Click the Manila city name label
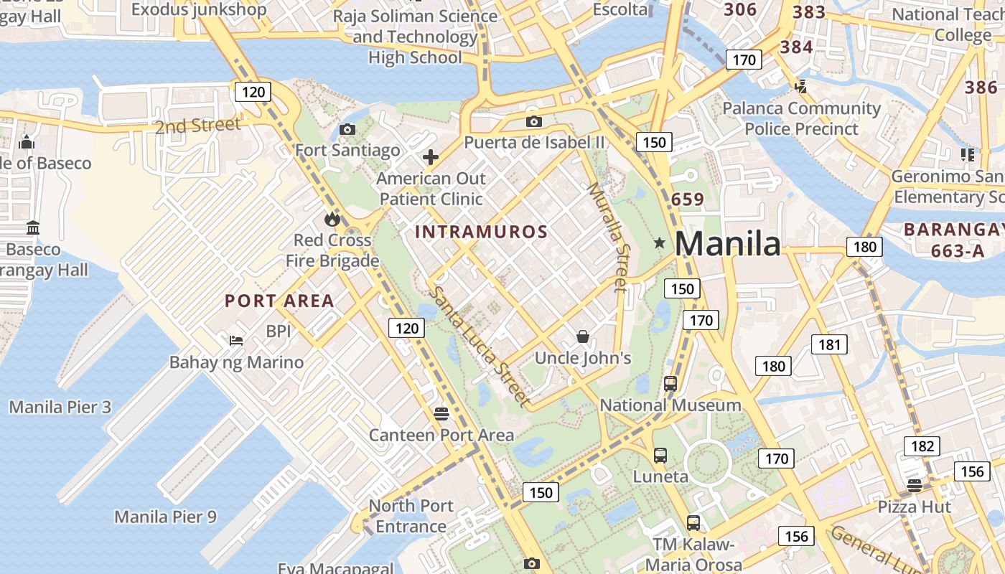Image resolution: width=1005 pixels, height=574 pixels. [727, 244]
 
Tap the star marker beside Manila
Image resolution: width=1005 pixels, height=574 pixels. [660, 243]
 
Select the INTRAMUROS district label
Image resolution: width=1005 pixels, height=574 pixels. [482, 232]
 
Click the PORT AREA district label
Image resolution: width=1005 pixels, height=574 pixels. [279, 301]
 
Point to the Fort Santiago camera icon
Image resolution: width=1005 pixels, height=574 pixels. [347, 129]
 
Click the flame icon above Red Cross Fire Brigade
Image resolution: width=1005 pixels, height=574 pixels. [332, 219]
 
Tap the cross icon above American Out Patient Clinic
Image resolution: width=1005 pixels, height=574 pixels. [431, 157]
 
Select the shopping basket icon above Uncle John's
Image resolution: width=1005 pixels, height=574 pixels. [583, 336]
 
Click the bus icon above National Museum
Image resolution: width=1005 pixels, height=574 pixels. [670, 383]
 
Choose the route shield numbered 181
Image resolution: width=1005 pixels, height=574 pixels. [829, 344]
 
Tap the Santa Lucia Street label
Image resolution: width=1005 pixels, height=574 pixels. [480, 347]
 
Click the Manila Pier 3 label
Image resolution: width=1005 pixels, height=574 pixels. [60, 408]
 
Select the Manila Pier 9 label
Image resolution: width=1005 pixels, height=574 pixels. [165, 517]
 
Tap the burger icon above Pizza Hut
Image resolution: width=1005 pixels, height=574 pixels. [914, 485]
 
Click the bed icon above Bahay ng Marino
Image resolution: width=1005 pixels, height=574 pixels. [235, 340]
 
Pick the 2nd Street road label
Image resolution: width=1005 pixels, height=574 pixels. [198, 126]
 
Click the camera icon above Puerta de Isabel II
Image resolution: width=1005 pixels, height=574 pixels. [533, 121]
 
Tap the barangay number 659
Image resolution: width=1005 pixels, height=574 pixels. [688, 199]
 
